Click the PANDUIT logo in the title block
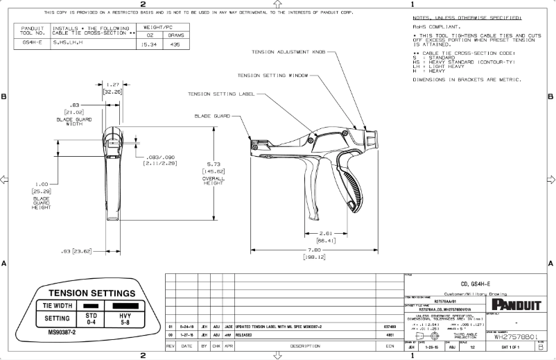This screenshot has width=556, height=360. pos(512,305)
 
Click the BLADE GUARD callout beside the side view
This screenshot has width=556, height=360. pos(212,116)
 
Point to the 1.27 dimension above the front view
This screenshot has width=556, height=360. pos(113,83)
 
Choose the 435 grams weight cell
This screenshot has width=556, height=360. pos(175,43)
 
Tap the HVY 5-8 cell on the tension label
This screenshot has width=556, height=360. pos(125,318)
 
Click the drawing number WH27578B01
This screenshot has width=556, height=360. pos(512,337)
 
